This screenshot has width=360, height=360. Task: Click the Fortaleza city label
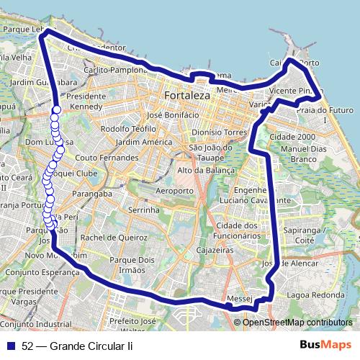(186, 96)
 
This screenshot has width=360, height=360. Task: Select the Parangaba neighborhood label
(103, 193)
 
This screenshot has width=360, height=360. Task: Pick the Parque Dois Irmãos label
(126, 264)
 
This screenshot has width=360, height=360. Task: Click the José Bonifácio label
(172, 114)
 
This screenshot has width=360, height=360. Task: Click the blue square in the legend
(12, 345)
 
